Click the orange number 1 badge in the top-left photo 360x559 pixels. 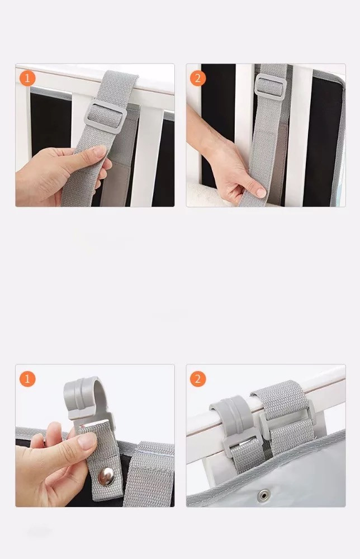(27, 78)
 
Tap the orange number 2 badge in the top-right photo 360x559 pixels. (198, 78)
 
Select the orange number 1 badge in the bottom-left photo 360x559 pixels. (27, 378)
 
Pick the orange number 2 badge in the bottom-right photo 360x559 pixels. (198, 378)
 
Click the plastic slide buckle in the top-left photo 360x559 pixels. (106, 117)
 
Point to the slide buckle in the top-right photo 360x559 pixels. (271, 87)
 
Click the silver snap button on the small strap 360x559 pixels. (106, 477)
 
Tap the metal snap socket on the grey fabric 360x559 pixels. (264, 495)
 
